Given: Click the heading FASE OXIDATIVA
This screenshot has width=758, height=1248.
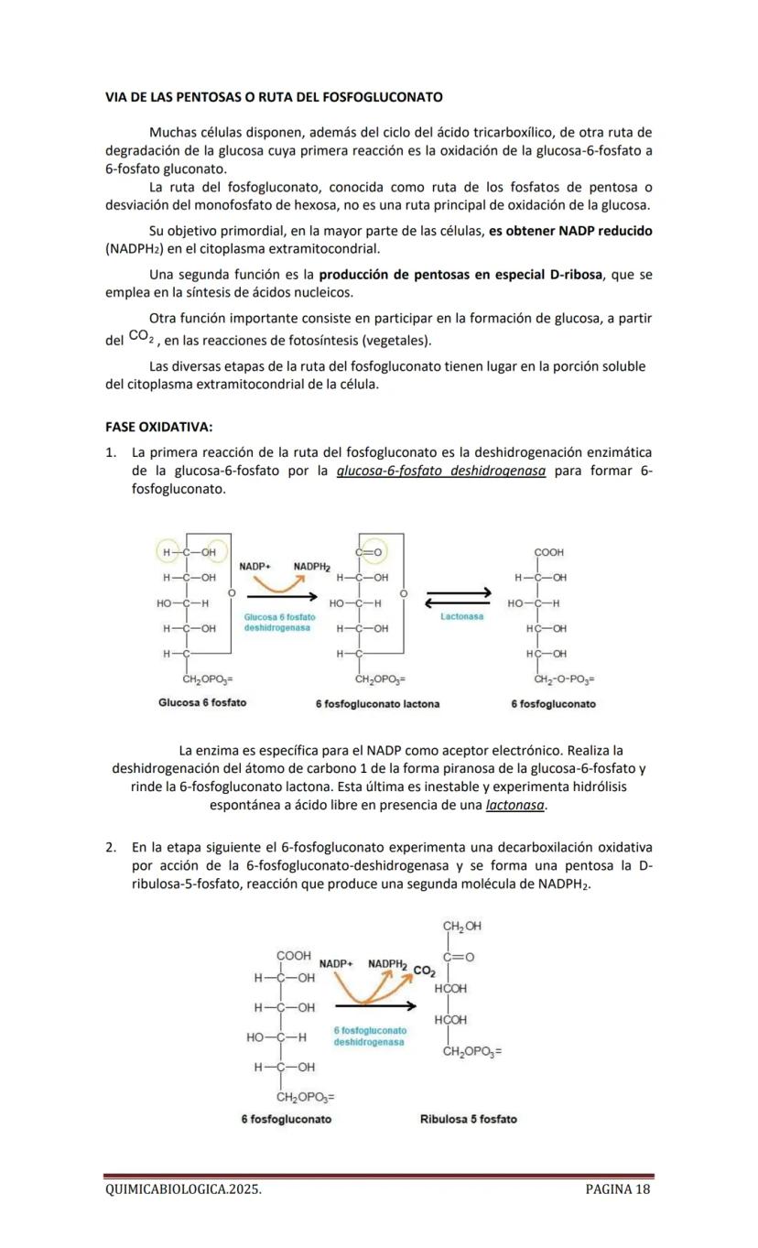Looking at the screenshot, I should coord(159,428).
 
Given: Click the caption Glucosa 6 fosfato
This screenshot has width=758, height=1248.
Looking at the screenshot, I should coord(201,703).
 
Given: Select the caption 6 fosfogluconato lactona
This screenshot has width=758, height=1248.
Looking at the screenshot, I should coord(377,704).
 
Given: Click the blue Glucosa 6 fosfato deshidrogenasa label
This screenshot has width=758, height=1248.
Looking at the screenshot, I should coord(279,623).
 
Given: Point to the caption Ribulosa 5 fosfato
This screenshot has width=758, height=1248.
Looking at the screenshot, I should coord(468,1119).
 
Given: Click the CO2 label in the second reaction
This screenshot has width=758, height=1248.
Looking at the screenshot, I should coord(423,970).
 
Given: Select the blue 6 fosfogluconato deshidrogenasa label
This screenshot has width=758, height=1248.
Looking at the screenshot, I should coord(370,1036).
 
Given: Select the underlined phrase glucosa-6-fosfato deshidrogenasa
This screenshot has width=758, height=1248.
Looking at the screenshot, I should coord(441,472).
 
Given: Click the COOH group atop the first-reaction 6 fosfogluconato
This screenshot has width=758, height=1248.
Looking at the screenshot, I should coord(549,553).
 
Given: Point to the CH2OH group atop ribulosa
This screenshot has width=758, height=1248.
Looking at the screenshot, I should coord(461,927).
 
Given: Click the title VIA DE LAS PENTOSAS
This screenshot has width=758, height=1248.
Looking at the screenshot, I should coord(274,96).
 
